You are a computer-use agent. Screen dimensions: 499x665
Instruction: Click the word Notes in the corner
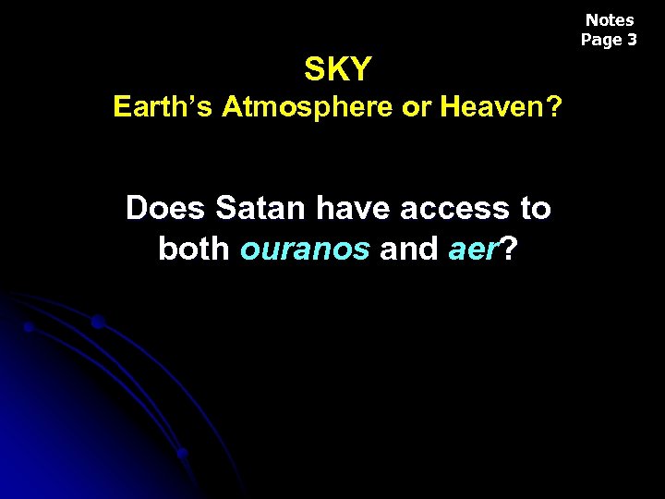point(610,19)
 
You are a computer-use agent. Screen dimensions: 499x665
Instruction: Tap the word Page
point(600,40)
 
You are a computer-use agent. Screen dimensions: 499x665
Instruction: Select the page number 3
point(632,40)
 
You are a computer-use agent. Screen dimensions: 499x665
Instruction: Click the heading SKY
point(338,68)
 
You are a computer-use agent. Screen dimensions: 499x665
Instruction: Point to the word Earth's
point(163,108)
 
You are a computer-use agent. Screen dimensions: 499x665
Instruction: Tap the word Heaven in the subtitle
point(494,108)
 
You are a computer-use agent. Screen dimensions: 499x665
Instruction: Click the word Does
point(166,208)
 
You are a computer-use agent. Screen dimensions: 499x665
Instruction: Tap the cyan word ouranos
point(305,249)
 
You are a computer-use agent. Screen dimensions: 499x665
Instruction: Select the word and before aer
point(409,249)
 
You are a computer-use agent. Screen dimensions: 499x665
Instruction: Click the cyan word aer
point(474,249)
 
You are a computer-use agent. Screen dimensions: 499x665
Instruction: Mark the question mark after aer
point(508,249)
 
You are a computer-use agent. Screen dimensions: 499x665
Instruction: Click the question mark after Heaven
point(552,108)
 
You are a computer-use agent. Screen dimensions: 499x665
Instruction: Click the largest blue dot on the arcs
point(97,322)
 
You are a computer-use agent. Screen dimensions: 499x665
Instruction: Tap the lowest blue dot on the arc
point(183,453)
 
